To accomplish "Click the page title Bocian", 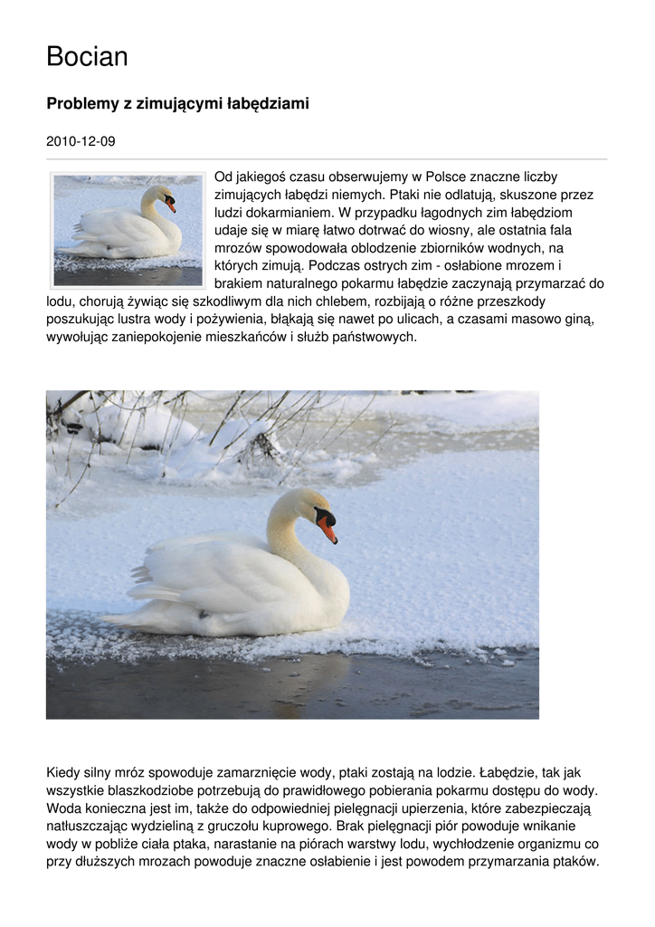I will pos(87,57).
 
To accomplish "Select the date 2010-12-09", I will pos(81,142).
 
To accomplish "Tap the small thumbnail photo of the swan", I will pos(128,230).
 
